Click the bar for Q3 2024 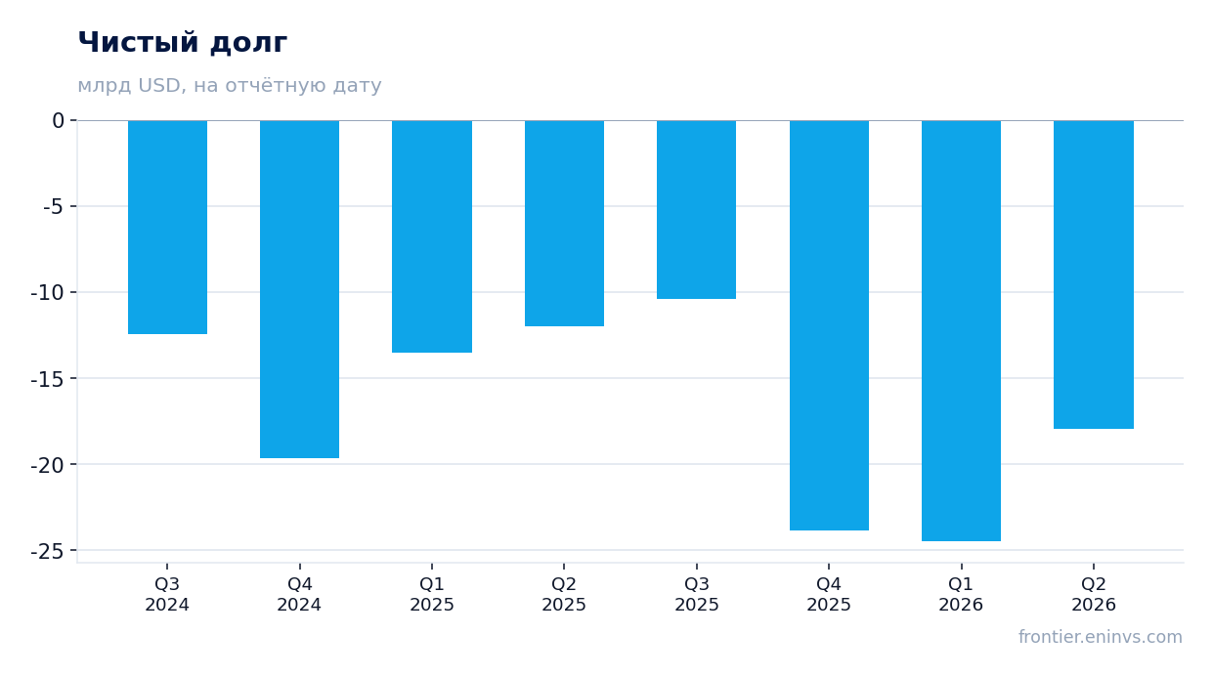(167, 228)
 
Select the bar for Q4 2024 (299, 289)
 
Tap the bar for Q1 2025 (432, 236)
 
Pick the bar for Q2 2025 (564, 224)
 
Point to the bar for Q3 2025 (696, 210)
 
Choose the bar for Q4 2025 (829, 325)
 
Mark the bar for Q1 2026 (961, 330)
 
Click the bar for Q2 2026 (1094, 275)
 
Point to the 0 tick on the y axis (58, 121)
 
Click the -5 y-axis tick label (54, 207)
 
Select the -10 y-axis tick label (48, 293)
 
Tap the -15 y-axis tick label (48, 379)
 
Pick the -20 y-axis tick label (48, 465)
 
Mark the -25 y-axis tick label (48, 551)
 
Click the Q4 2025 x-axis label (829, 594)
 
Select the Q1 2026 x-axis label (961, 594)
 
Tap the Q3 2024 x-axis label (167, 594)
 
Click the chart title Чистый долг (183, 42)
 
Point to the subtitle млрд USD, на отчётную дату (230, 86)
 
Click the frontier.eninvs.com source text (1101, 637)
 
